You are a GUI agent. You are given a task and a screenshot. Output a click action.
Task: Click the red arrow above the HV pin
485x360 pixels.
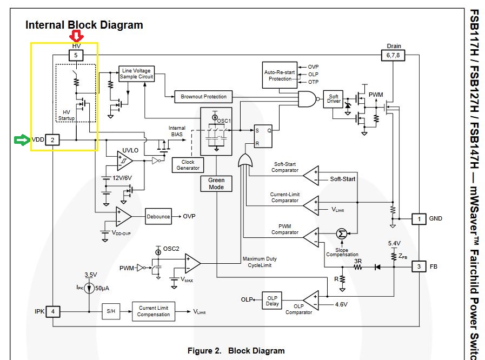[x=76, y=36]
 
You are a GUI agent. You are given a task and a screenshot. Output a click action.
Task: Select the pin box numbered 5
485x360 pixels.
[x=76, y=55]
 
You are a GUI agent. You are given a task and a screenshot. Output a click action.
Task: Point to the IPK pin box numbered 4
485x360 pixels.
[x=52, y=312]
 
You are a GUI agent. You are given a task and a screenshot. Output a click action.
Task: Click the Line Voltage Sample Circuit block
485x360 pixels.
[x=137, y=74]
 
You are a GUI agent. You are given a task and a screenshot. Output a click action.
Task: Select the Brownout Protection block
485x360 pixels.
[x=203, y=97]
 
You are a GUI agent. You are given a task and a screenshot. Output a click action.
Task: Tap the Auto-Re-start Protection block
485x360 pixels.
[x=280, y=75]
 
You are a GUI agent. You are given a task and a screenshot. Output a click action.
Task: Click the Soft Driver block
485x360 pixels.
[x=334, y=100]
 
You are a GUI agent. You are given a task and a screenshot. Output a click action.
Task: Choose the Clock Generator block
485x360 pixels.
[x=188, y=164]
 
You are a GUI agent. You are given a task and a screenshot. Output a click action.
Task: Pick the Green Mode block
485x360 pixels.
[x=216, y=184]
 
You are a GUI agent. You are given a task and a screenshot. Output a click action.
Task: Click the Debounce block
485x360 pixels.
[x=158, y=217]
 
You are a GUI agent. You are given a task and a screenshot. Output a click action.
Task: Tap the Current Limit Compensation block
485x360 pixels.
[x=154, y=311]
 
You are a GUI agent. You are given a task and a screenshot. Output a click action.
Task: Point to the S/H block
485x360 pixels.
[x=111, y=312]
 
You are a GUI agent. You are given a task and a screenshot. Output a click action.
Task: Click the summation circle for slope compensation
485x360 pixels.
[x=341, y=234]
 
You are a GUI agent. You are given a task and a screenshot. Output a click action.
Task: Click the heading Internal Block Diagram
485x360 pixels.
[x=84, y=25]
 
